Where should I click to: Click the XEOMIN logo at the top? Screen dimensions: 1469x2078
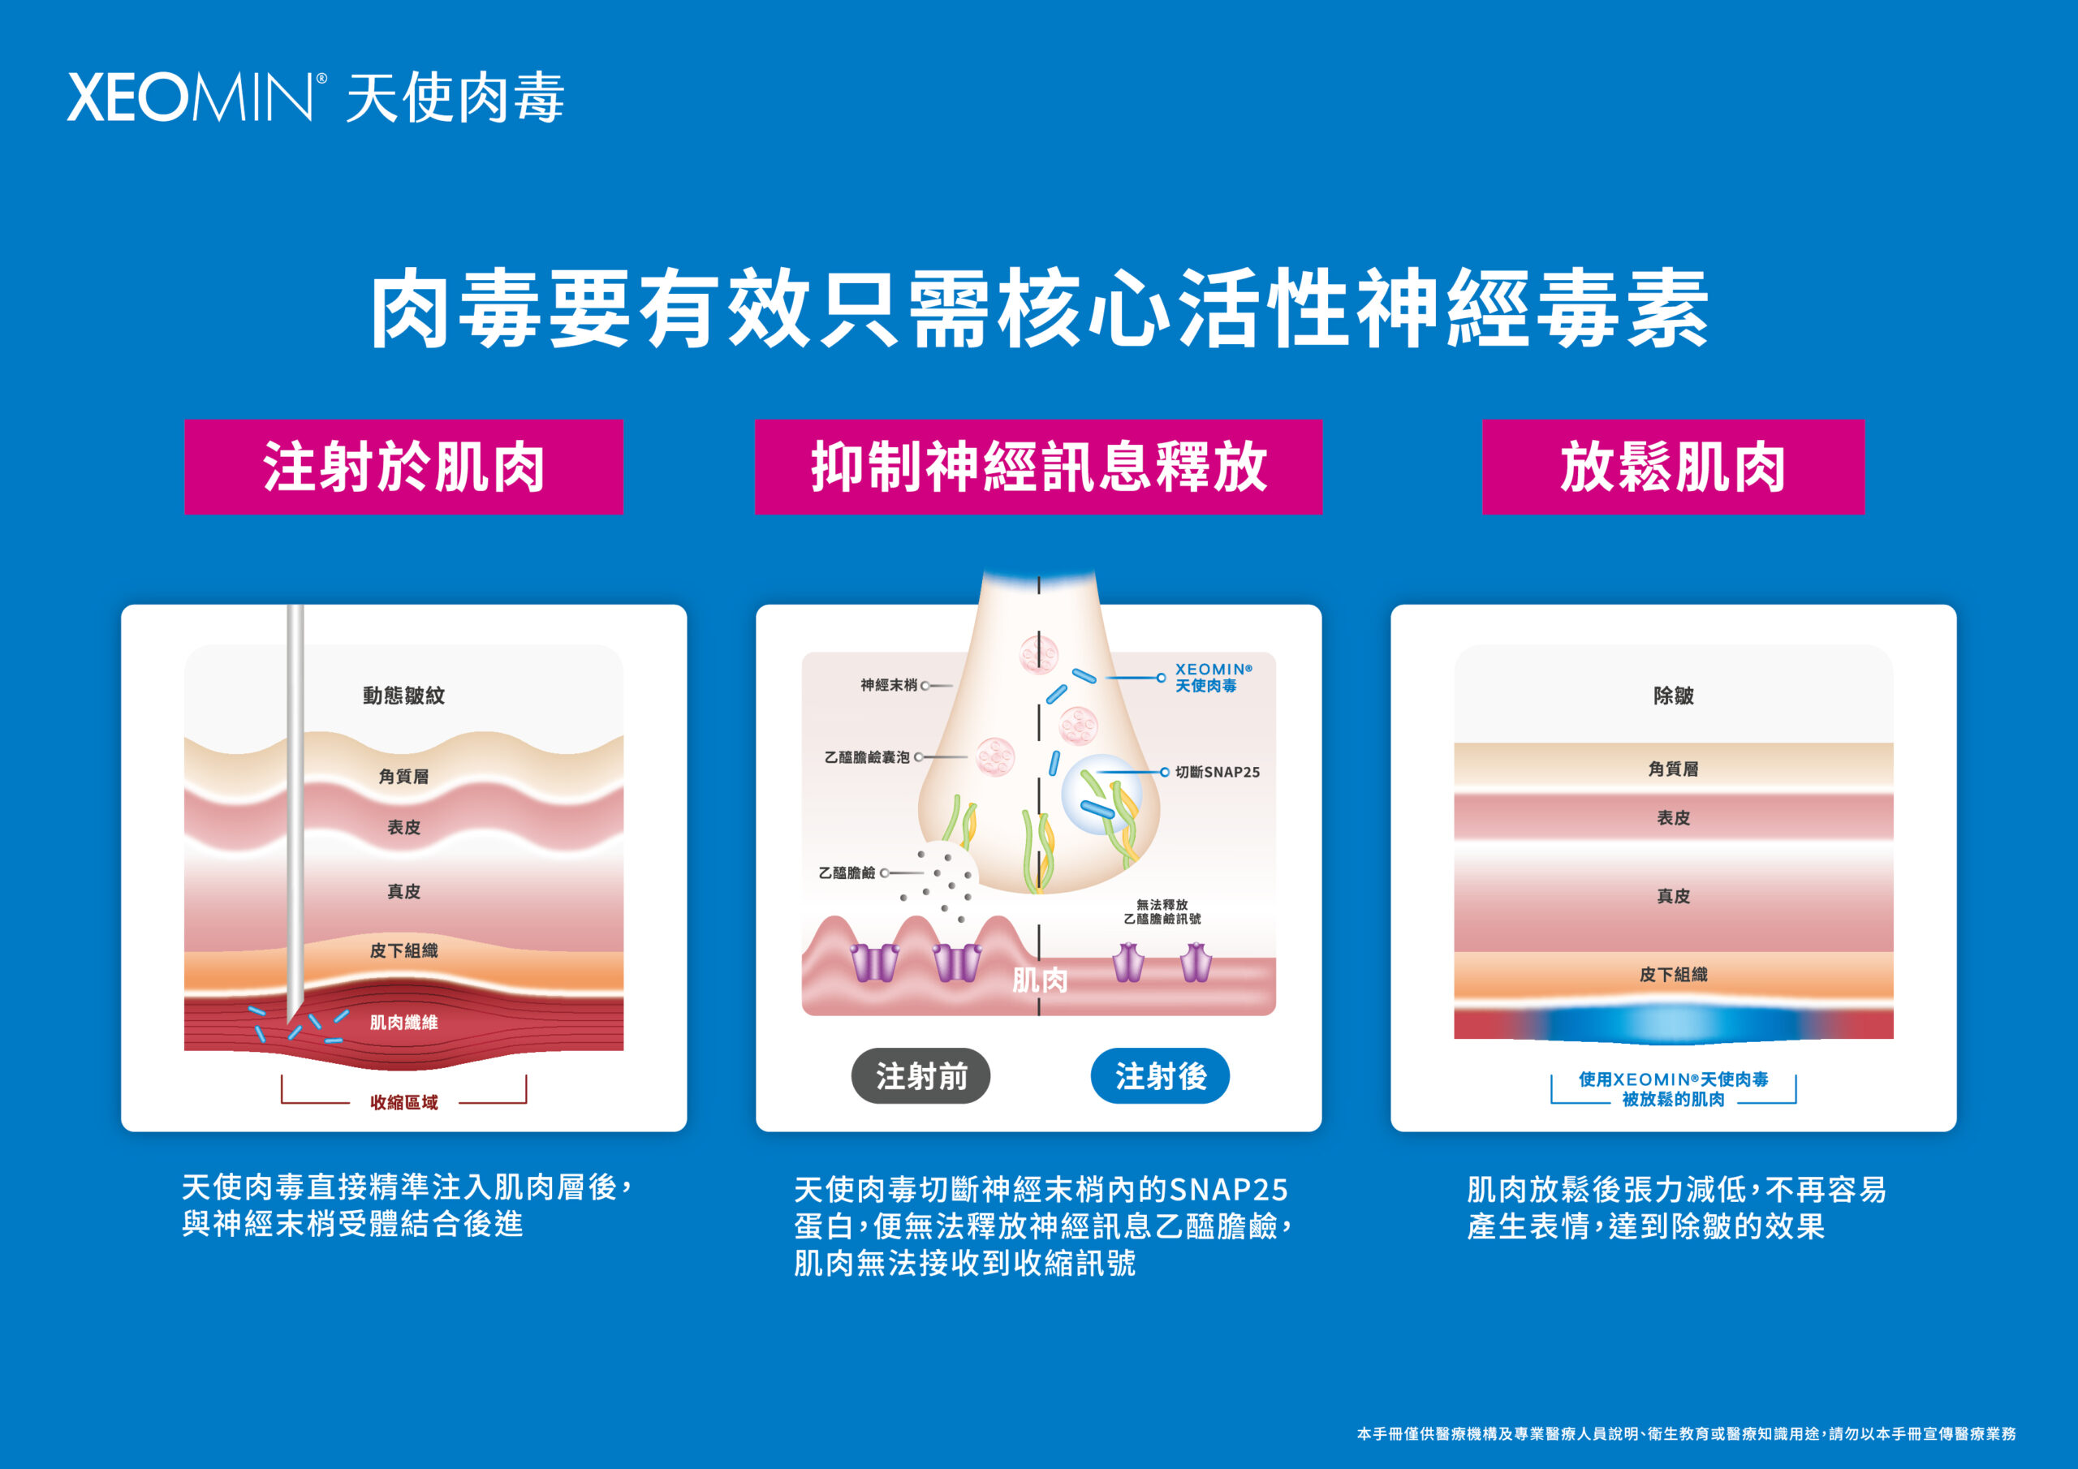pyautogui.click(x=315, y=97)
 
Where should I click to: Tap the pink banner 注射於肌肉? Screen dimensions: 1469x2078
pyautogui.click(x=403, y=467)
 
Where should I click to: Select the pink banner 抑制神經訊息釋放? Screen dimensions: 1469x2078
pyautogui.click(x=1038, y=467)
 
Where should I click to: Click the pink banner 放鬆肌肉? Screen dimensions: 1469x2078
pyautogui.click(x=1672, y=467)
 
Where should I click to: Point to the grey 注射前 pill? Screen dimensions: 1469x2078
pyautogui.click(x=920, y=1076)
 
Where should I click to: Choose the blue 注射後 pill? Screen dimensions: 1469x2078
pyautogui.click(x=1160, y=1076)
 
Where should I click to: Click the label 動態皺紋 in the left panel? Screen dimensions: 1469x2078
pyautogui.click(x=403, y=695)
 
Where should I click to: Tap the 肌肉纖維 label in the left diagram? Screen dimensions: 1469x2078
pyautogui.click(x=403, y=1022)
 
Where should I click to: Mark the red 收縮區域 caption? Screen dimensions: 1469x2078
pyautogui.click(x=403, y=1102)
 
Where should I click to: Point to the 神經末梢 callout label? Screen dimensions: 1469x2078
pyautogui.click(x=889, y=685)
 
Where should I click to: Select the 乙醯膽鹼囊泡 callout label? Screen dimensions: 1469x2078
pyautogui.click(x=866, y=756)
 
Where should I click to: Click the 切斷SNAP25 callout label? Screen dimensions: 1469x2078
pyautogui.click(x=1218, y=772)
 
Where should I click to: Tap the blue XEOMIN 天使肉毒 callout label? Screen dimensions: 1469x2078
pyautogui.click(x=1213, y=677)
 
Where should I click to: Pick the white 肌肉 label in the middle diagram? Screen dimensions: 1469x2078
pyautogui.click(x=1039, y=980)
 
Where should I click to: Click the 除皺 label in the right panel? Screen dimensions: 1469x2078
pyautogui.click(x=1672, y=695)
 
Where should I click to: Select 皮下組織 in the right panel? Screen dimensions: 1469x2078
pyautogui.click(x=1672, y=974)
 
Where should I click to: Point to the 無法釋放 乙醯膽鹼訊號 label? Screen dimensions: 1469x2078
pyautogui.click(x=1162, y=911)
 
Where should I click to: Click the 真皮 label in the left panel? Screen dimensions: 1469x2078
pyautogui.click(x=403, y=891)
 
